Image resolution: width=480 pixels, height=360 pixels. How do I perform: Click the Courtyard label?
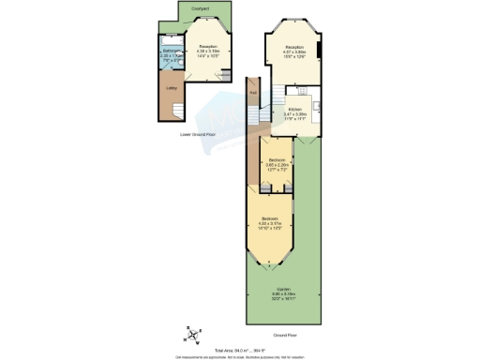(x=200, y=8)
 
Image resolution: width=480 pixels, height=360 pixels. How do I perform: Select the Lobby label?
(x=172, y=89)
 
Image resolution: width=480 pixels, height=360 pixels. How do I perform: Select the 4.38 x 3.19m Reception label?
(x=208, y=49)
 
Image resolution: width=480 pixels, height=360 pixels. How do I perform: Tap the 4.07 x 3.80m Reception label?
(x=294, y=50)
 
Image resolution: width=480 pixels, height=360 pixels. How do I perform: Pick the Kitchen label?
(x=294, y=111)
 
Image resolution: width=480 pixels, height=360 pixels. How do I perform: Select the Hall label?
(x=253, y=92)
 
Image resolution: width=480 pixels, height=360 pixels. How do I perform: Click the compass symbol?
(x=191, y=335)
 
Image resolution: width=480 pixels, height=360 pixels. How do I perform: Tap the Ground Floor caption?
(x=285, y=335)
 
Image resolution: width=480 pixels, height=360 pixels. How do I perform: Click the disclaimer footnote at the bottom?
(x=240, y=356)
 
